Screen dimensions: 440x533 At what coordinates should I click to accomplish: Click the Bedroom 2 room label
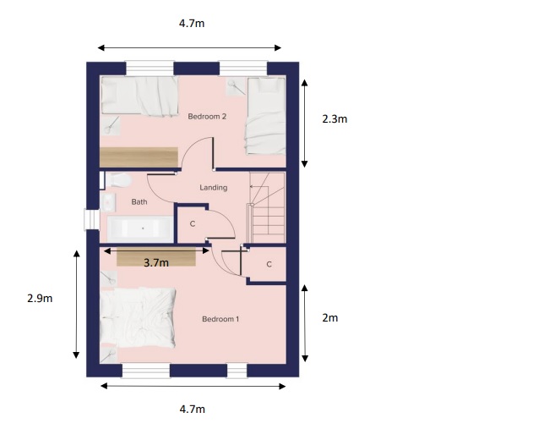point(207,117)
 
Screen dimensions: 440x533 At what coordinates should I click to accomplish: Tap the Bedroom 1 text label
point(220,319)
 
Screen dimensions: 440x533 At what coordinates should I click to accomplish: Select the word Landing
point(213,187)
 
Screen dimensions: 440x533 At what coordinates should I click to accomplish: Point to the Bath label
point(139,202)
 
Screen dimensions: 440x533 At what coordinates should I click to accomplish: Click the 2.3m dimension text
point(334,119)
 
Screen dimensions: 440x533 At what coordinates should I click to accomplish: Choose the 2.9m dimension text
point(40,299)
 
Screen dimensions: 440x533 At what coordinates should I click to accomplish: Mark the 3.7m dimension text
point(156,263)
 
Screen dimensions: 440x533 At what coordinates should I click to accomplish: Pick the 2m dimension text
point(330,318)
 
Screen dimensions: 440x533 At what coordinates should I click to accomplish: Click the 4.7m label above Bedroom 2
point(192,24)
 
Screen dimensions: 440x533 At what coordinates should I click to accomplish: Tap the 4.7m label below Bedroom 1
point(192,410)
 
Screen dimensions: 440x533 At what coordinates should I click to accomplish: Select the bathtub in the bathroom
point(141,228)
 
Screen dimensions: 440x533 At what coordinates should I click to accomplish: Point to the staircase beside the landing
point(268,206)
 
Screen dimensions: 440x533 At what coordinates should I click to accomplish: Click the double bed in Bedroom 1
point(139,319)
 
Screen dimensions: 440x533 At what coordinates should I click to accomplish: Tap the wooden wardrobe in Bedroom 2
point(139,157)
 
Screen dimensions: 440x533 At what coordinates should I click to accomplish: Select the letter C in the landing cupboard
point(193,224)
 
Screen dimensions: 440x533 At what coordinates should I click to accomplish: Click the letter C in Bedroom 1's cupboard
point(269,265)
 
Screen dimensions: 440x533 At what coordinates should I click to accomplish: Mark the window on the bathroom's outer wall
point(90,219)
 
